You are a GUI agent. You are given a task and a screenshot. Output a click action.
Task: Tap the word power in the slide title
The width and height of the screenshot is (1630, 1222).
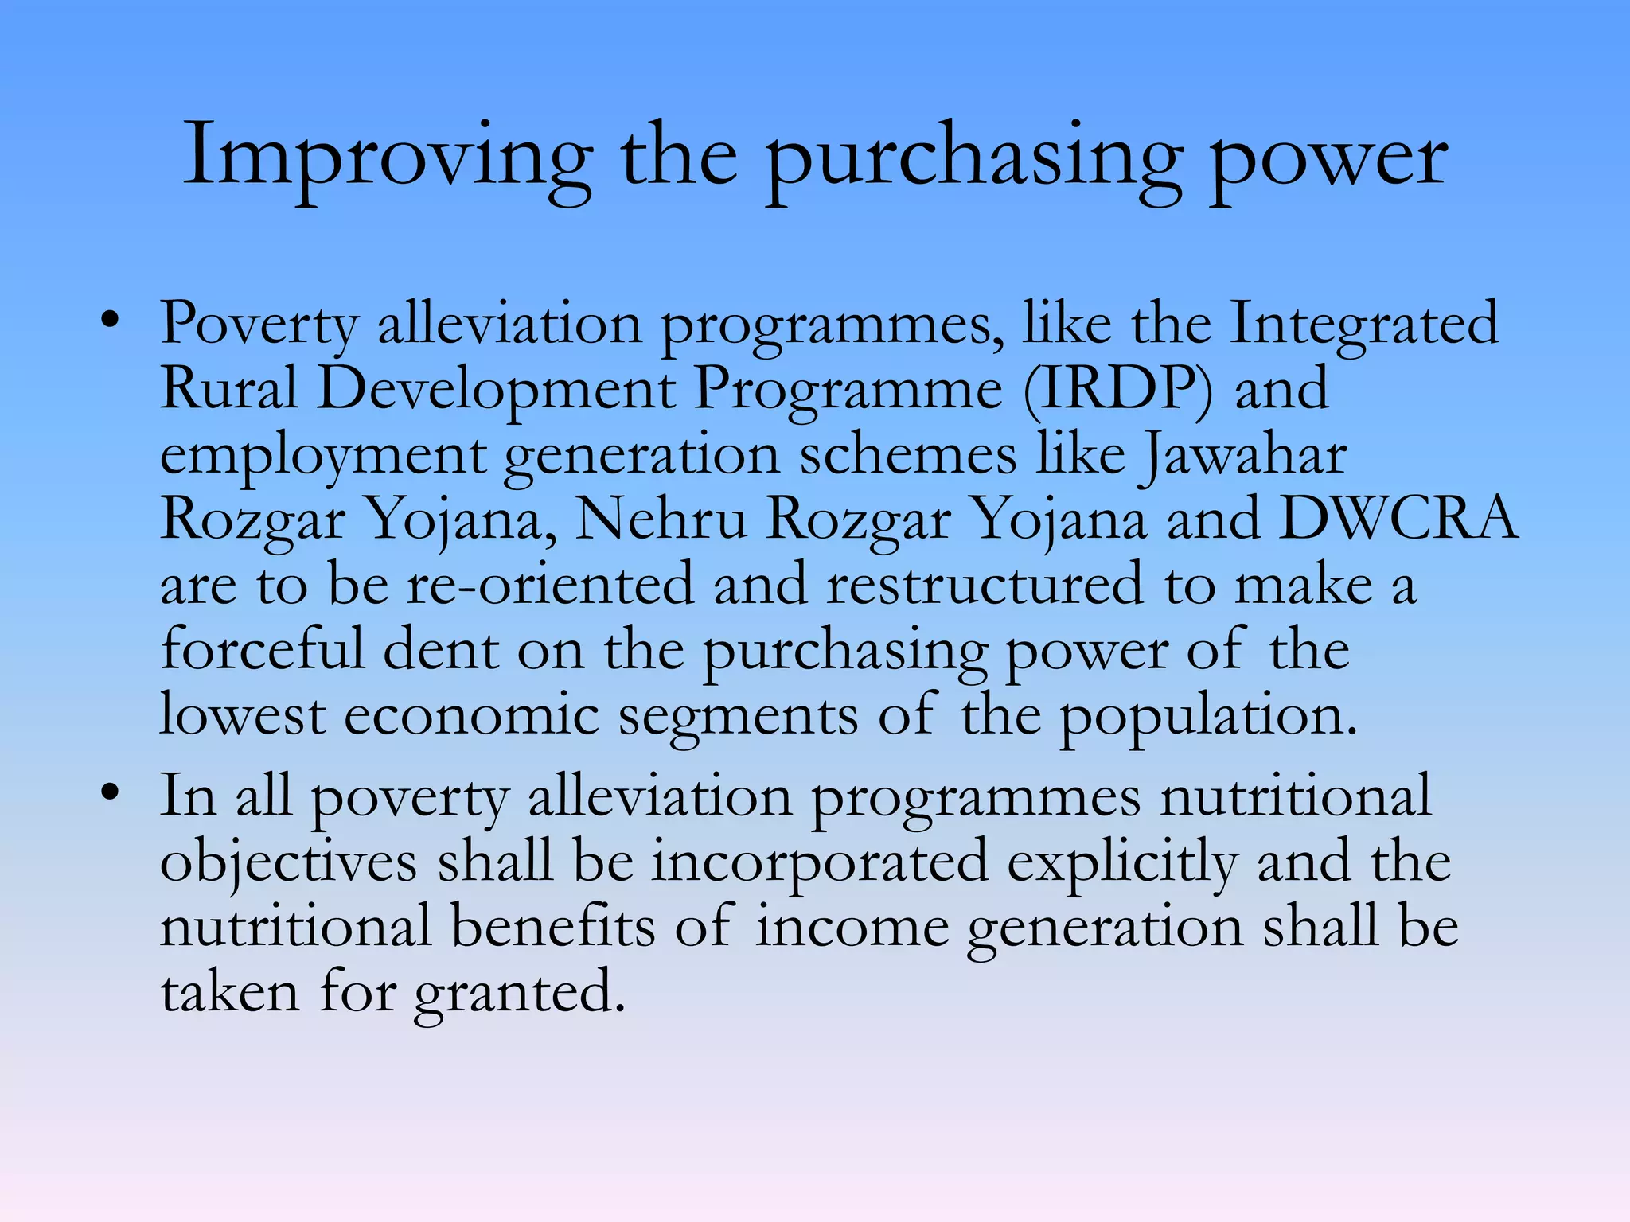tap(1328, 159)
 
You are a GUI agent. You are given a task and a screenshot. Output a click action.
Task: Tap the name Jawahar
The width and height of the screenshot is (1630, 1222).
tap(1243, 455)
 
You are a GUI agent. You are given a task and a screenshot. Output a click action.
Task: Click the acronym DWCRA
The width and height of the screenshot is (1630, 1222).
tap(1398, 519)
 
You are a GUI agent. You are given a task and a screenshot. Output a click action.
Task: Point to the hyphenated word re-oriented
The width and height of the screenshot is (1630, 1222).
tap(550, 585)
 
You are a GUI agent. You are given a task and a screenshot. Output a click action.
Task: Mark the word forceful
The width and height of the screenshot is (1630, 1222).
tap(262, 649)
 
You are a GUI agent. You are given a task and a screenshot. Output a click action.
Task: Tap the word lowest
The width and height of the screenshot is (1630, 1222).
tap(243, 714)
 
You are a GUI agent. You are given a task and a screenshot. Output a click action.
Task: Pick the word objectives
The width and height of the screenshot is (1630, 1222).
tap(289, 862)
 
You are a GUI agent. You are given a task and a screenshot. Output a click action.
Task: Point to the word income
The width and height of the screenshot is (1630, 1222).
tap(852, 928)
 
